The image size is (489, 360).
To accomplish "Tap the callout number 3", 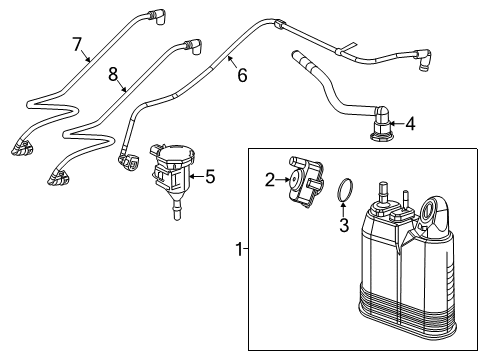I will pos(343,226).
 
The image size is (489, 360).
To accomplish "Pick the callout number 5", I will pos(209,178).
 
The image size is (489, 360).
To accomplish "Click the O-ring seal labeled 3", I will pos(344,190).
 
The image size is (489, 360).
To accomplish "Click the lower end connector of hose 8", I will pos(55,178).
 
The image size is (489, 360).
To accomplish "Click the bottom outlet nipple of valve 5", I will pos(176,211).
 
